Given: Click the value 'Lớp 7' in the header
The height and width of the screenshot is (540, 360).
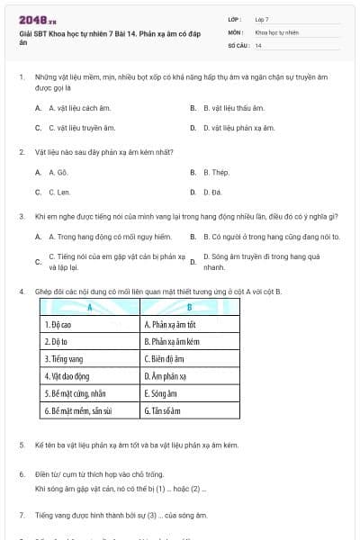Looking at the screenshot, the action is click(x=262, y=18).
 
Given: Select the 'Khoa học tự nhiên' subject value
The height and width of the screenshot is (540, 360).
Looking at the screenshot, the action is click(x=276, y=31).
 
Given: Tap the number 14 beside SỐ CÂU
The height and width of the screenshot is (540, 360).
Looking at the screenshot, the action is click(x=258, y=45).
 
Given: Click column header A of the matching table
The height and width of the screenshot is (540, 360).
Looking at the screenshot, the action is click(x=91, y=308).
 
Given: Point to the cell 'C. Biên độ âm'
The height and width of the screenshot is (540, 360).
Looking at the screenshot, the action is click(x=167, y=358).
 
